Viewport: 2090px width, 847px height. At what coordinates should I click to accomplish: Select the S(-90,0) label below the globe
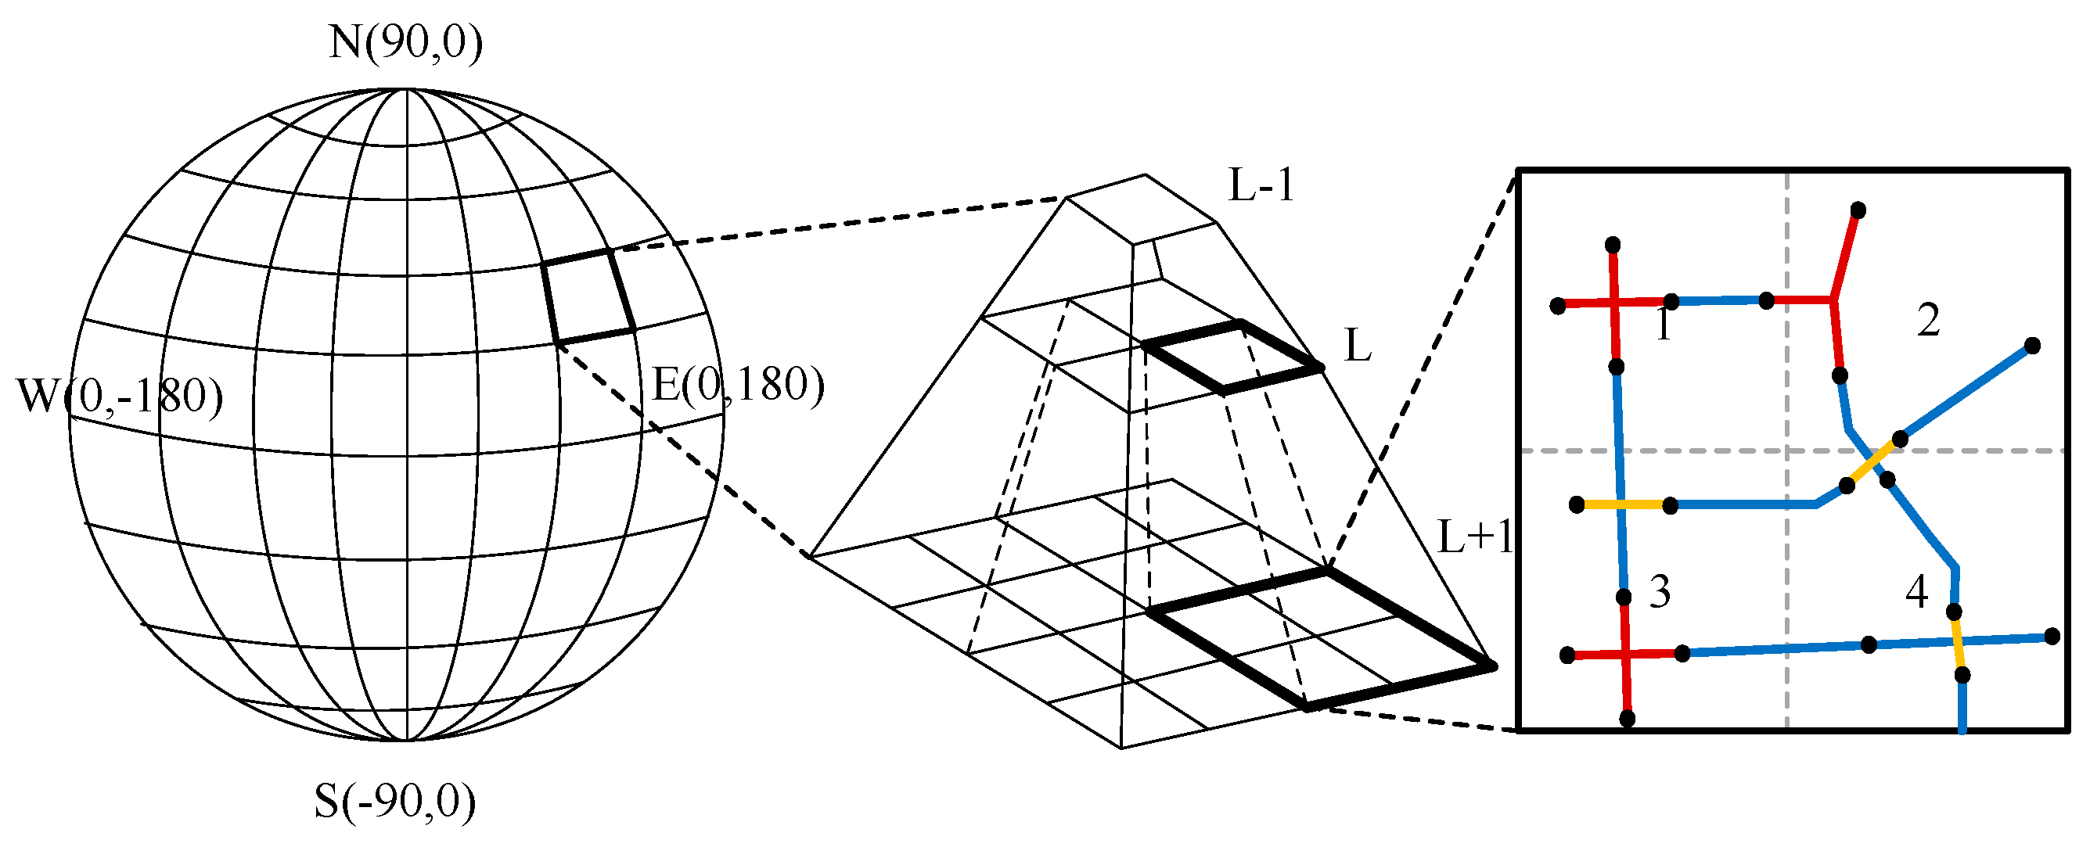pyautogui.click(x=394, y=802)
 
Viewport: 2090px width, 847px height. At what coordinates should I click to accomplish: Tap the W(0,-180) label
pyautogui.click(x=119, y=397)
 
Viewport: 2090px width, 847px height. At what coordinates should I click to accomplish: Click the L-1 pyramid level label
pyautogui.click(x=1261, y=187)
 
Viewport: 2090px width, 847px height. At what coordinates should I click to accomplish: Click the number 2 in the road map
pyautogui.click(x=1929, y=321)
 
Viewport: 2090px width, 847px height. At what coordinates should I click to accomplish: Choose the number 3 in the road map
pyautogui.click(x=1660, y=592)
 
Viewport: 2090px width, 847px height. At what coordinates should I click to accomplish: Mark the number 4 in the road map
pyautogui.click(x=1916, y=592)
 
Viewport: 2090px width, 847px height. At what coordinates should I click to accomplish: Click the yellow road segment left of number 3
pyautogui.click(x=1623, y=505)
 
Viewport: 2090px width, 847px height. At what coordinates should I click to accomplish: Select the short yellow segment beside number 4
pyautogui.click(x=1958, y=644)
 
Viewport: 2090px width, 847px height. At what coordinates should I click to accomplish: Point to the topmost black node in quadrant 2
pyautogui.click(x=1858, y=211)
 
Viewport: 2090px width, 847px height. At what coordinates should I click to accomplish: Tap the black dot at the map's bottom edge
pyautogui.click(x=1627, y=719)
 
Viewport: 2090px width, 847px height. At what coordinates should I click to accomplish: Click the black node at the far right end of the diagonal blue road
pyautogui.click(x=2032, y=346)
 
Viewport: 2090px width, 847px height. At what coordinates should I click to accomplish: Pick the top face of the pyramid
pyautogui.click(x=1142, y=208)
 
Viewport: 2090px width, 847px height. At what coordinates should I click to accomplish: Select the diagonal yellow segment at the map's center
pyautogui.click(x=1873, y=463)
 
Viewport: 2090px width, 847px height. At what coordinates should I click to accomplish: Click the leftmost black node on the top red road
pyautogui.click(x=1558, y=306)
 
